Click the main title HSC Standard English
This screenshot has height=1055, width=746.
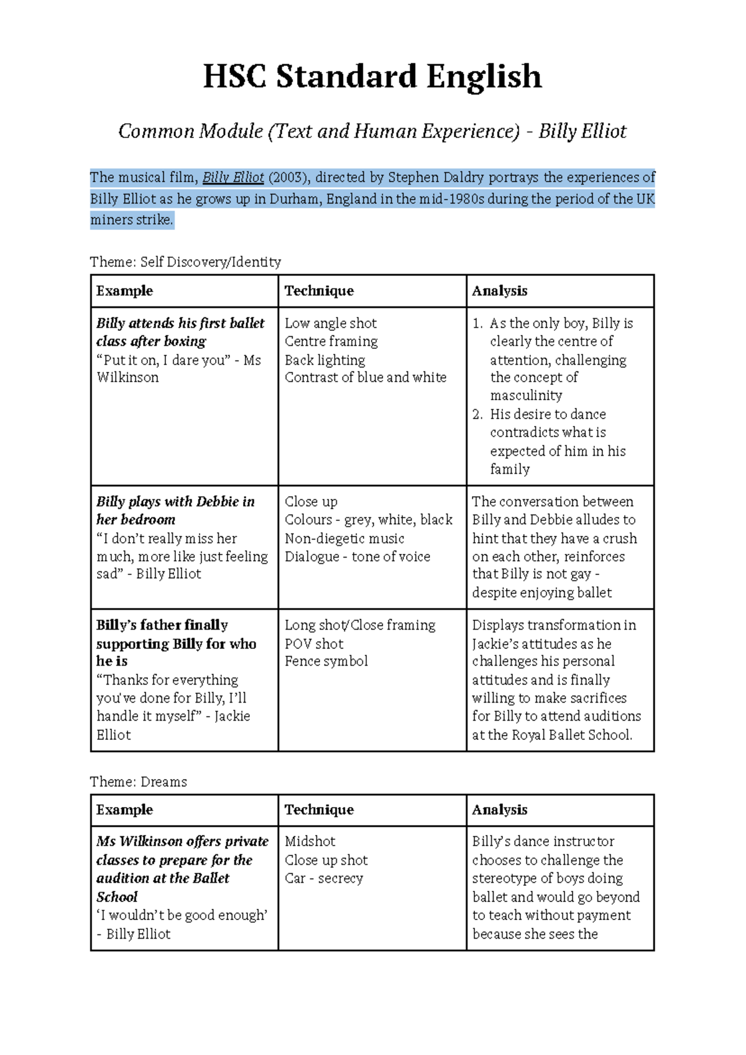[372, 76]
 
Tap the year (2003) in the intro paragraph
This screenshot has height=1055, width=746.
[289, 178]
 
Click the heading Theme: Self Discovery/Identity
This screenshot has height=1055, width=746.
[185, 262]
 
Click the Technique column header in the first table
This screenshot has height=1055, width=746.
[319, 291]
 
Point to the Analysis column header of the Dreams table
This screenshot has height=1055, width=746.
[499, 810]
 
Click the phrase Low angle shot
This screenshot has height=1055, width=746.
[330, 323]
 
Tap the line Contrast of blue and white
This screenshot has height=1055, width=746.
[365, 377]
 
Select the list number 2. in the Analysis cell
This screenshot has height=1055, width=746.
[477, 414]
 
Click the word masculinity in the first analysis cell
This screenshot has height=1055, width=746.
[526, 395]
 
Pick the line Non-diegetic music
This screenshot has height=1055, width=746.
[344, 538]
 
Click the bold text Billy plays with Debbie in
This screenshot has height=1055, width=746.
[175, 502]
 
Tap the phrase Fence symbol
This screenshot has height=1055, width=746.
[326, 661]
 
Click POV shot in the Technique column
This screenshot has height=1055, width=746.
[314, 643]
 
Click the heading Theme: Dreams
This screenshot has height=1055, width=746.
[138, 781]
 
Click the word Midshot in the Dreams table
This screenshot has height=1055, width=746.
[310, 842]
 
